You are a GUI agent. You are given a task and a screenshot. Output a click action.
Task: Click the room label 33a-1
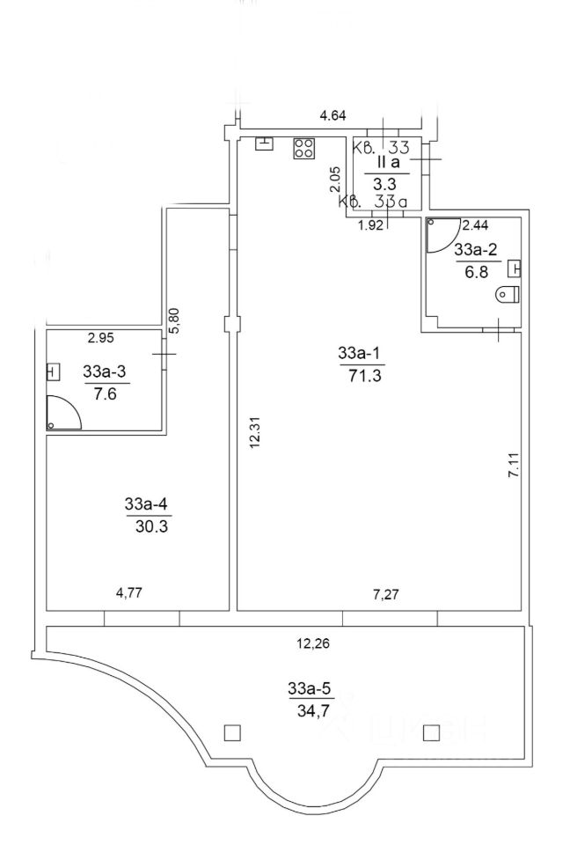357,354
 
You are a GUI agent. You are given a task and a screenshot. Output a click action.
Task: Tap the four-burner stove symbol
304,149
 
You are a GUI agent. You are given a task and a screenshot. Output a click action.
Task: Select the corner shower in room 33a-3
63,414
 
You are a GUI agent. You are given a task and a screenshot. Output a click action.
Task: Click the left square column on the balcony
232,731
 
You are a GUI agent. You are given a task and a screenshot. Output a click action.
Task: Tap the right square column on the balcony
430,731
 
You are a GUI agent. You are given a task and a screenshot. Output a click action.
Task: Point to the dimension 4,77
128,591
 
